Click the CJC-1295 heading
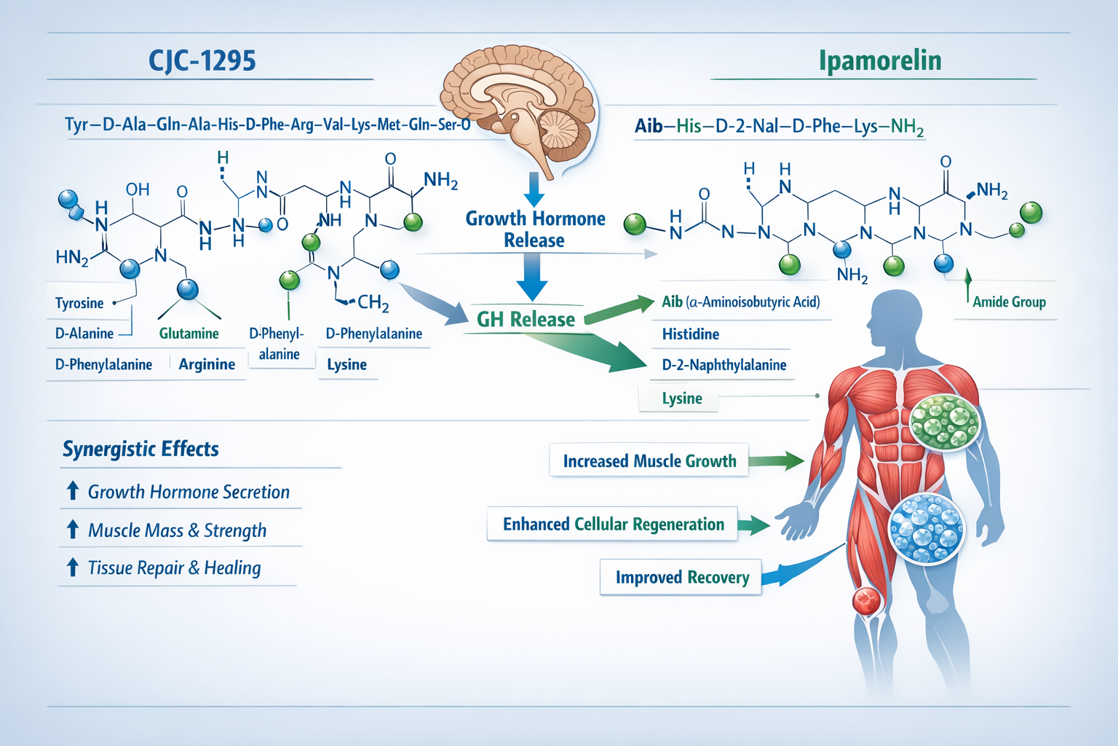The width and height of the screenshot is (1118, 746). tap(202, 60)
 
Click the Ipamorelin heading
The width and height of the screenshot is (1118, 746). tap(880, 60)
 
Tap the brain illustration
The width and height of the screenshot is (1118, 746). tap(518, 102)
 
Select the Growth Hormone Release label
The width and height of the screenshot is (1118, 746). tap(535, 229)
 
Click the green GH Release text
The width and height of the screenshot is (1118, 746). tap(526, 319)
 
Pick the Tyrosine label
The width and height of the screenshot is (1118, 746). tap(79, 303)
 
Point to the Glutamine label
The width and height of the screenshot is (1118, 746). tap(189, 334)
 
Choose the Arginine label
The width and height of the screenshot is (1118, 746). tap(207, 364)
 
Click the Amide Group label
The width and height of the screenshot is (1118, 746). tap(1009, 302)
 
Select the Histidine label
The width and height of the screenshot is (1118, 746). tap(691, 334)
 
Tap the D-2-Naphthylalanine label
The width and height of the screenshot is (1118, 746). tap(724, 365)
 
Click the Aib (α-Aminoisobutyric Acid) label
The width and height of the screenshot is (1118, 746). tap(741, 302)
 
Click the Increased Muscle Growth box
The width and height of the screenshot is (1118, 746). tap(649, 460)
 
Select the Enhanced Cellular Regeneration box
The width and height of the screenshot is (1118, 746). tap(613, 525)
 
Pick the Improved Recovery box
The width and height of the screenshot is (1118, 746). tap(681, 578)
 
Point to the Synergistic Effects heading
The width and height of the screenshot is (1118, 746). tap(140, 449)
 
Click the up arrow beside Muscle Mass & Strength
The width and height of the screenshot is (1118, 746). tap(73, 530)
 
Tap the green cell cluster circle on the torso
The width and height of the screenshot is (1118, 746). tap(945, 422)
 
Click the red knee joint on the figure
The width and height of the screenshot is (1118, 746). tap(867, 601)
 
